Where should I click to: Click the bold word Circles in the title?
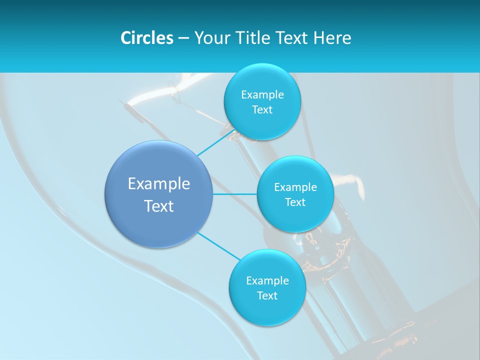coord(146,38)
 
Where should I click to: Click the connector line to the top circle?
coord(215,142)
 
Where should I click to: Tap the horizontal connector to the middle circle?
coord(234,194)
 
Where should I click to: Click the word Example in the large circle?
coord(158,184)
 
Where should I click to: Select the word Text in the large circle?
coord(158,206)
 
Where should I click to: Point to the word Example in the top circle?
coord(262,94)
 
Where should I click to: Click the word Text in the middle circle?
coord(295,202)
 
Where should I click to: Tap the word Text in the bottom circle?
coord(267,295)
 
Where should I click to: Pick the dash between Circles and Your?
coord(183,38)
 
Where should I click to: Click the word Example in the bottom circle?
coord(267,280)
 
